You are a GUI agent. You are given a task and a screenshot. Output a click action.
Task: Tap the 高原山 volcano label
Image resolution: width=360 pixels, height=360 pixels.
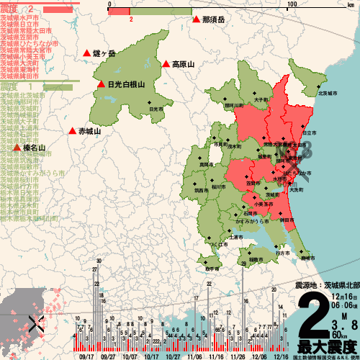183,64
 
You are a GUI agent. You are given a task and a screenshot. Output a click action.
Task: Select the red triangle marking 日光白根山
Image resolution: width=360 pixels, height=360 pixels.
101,84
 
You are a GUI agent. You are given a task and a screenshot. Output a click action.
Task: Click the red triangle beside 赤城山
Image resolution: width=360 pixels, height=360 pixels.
72,131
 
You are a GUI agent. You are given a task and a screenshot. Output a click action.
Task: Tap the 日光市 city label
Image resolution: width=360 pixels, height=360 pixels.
156,109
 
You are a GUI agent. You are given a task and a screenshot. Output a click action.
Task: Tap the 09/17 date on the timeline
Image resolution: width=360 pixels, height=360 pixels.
87,356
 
